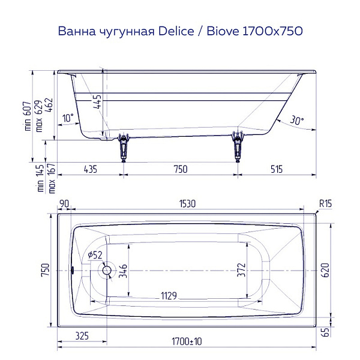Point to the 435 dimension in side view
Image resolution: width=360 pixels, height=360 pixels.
88,169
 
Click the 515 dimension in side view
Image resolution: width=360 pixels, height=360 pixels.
276,169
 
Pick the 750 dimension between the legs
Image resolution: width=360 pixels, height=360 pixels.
180,169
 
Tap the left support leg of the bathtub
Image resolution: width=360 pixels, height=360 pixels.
124,146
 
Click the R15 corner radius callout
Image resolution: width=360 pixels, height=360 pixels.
325,204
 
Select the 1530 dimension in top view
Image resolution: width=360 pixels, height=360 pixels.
187,204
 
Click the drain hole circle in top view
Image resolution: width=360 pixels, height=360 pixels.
107,271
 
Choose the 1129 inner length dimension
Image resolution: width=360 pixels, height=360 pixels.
172,295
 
